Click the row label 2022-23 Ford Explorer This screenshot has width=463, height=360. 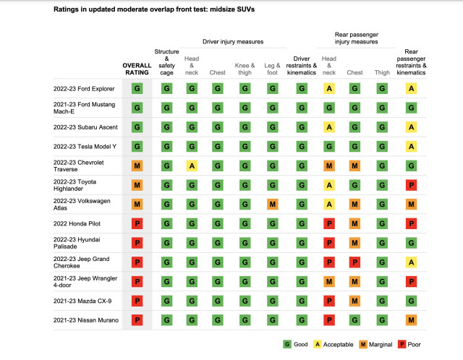point(83,89)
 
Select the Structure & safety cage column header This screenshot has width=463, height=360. point(167,61)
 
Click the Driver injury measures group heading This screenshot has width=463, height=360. point(232,40)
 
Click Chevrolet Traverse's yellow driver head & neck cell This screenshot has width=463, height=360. point(192,166)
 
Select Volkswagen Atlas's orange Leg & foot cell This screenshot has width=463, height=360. point(273,204)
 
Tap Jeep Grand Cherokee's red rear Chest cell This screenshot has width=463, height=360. point(355,261)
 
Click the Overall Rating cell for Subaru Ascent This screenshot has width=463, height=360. point(137,127)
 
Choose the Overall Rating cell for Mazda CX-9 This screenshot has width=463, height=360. point(137,299)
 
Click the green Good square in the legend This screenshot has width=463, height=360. point(286,344)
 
